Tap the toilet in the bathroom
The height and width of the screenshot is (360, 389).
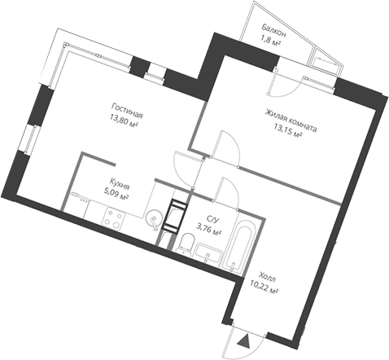pyautogui.click(x=186, y=243)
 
